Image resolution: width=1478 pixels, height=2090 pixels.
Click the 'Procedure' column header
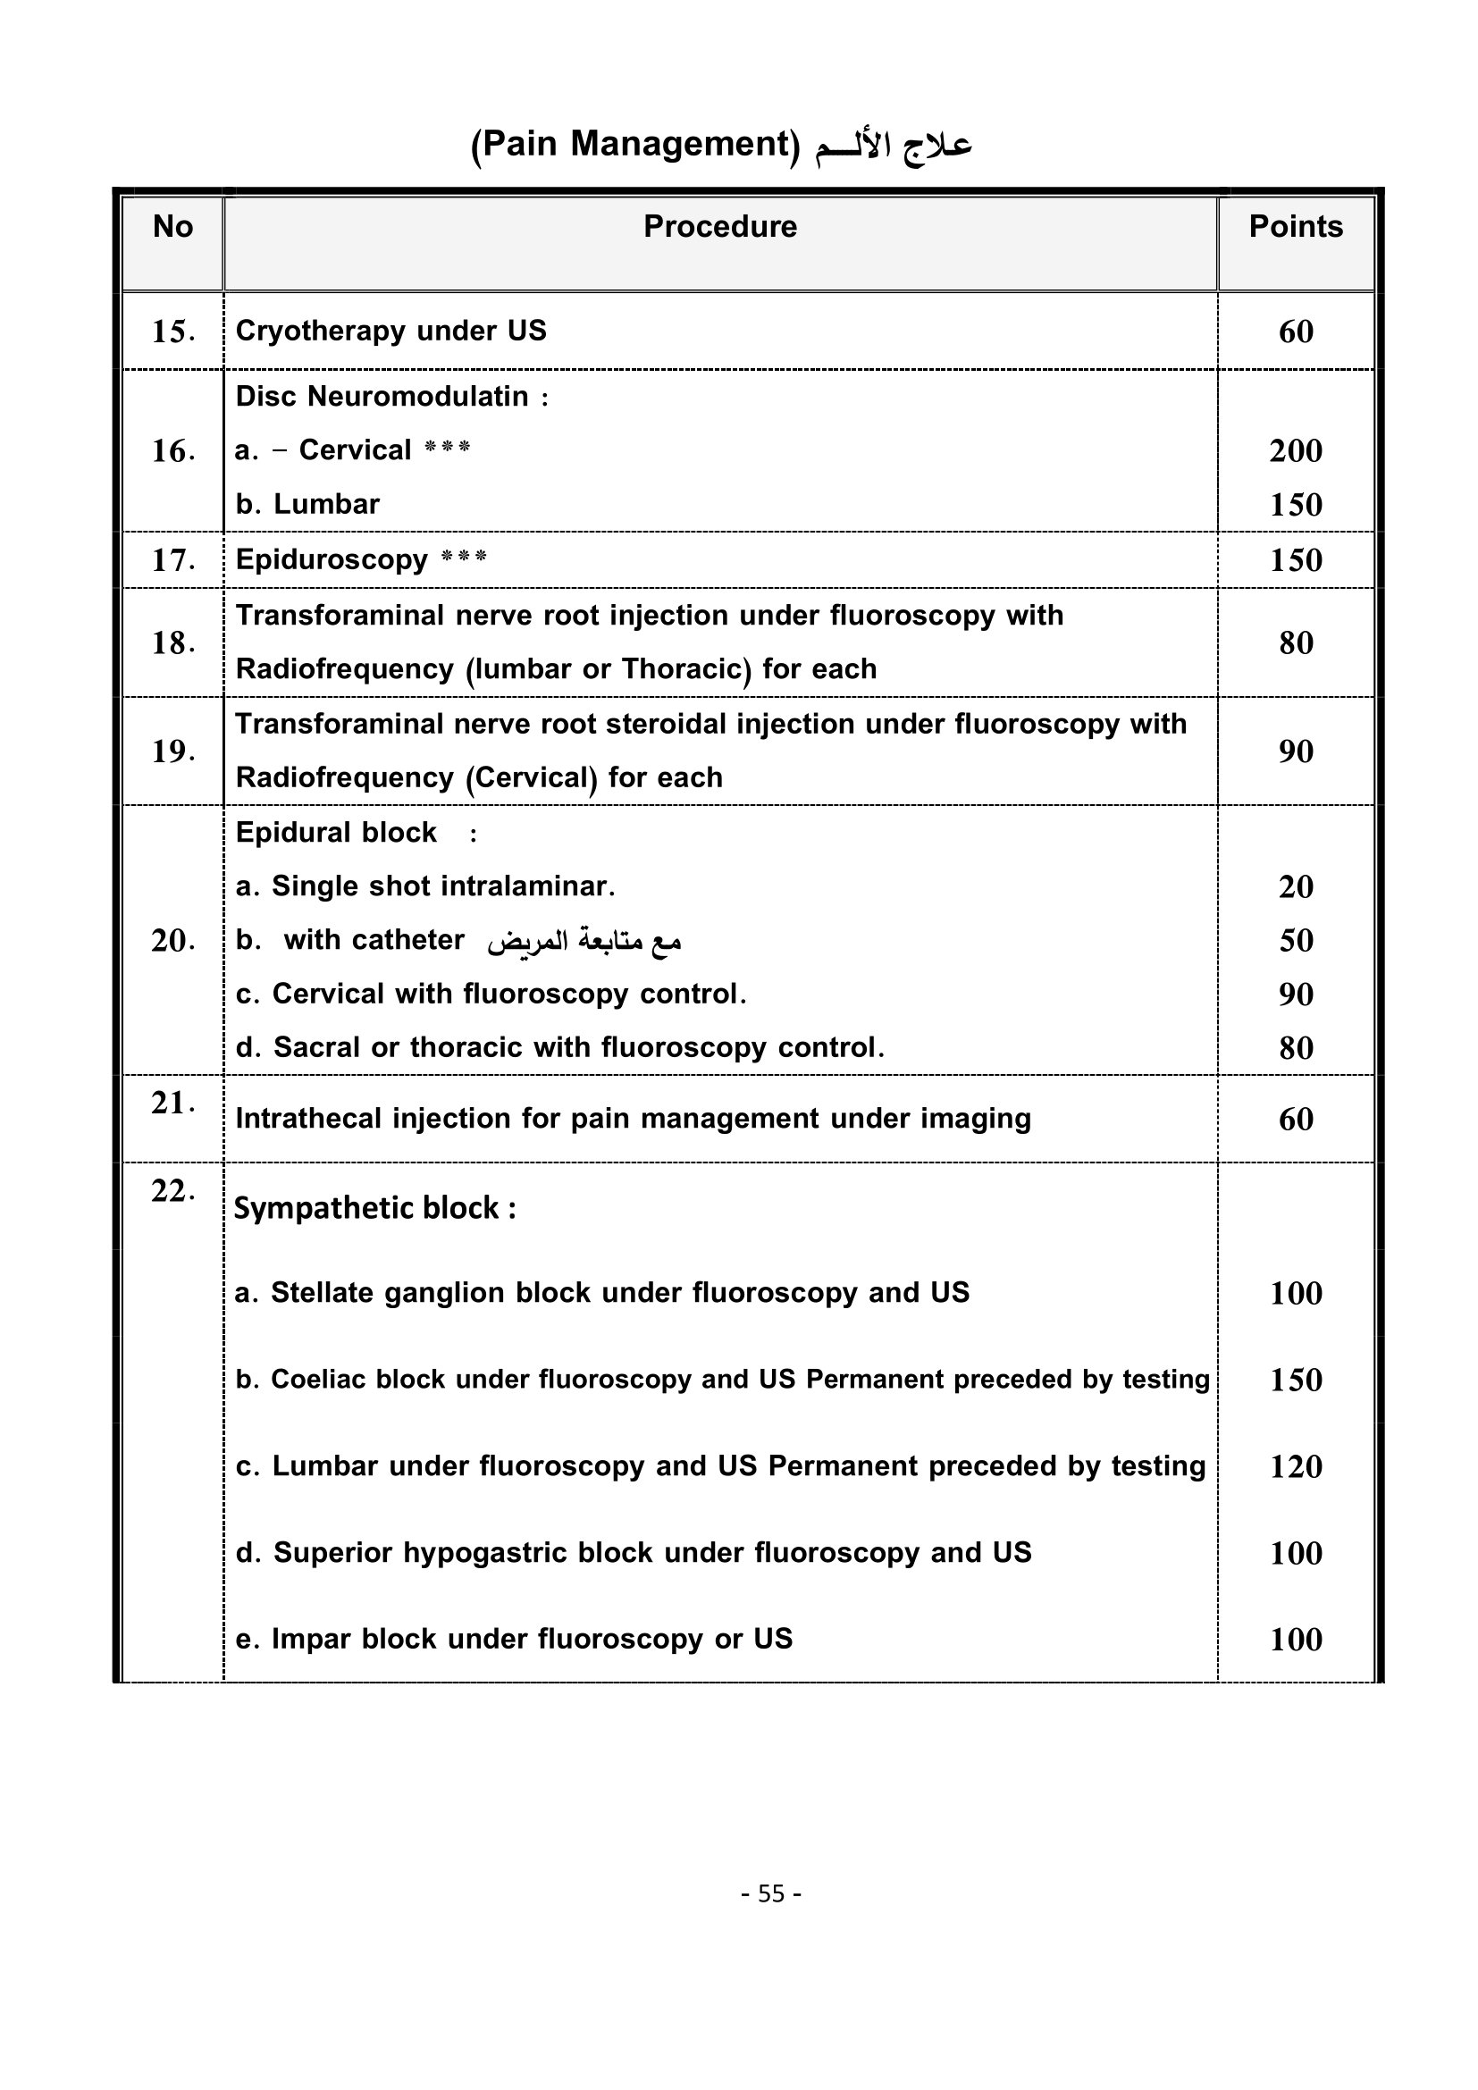point(720,227)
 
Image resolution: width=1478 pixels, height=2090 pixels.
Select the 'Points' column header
point(1295,227)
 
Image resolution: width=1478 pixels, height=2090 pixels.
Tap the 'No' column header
point(173,227)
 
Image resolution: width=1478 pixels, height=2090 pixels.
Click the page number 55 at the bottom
point(771,1894)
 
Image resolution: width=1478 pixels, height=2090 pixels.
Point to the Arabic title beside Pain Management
point(893,146)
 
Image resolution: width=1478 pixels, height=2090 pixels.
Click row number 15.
point(173,332)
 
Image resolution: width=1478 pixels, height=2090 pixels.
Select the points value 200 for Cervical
point(1295,450)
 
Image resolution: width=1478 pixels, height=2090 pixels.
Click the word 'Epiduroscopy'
point(332,560)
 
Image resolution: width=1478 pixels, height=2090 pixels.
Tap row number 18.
point(173,643)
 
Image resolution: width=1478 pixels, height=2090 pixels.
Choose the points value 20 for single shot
point(1295,886)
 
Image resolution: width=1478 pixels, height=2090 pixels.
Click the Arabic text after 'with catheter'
point(584,941)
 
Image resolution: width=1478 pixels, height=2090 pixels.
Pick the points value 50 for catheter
point(1295,940)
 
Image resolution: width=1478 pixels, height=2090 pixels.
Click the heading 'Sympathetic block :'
point(375,1208)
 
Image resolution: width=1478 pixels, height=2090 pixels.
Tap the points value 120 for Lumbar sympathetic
point(1295,1466)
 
